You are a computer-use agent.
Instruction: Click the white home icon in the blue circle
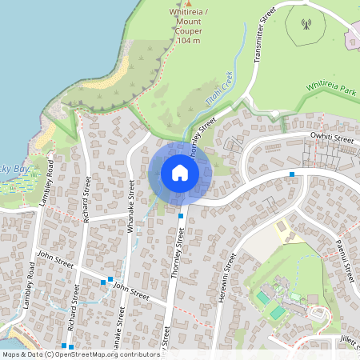pyautogui.click(x=180, y=173)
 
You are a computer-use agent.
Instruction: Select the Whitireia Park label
pyautogui.click(x=330, y=90)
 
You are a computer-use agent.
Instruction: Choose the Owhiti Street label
pyautogui.click(x=331, y=139)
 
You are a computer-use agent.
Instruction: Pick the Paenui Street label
pyautogui.click(x=345, y=259)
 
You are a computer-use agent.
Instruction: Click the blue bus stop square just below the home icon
pyautogui.click(x=181, y=216)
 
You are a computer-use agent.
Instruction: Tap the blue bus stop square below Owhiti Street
pyautogui.click(x=292, y=174)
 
